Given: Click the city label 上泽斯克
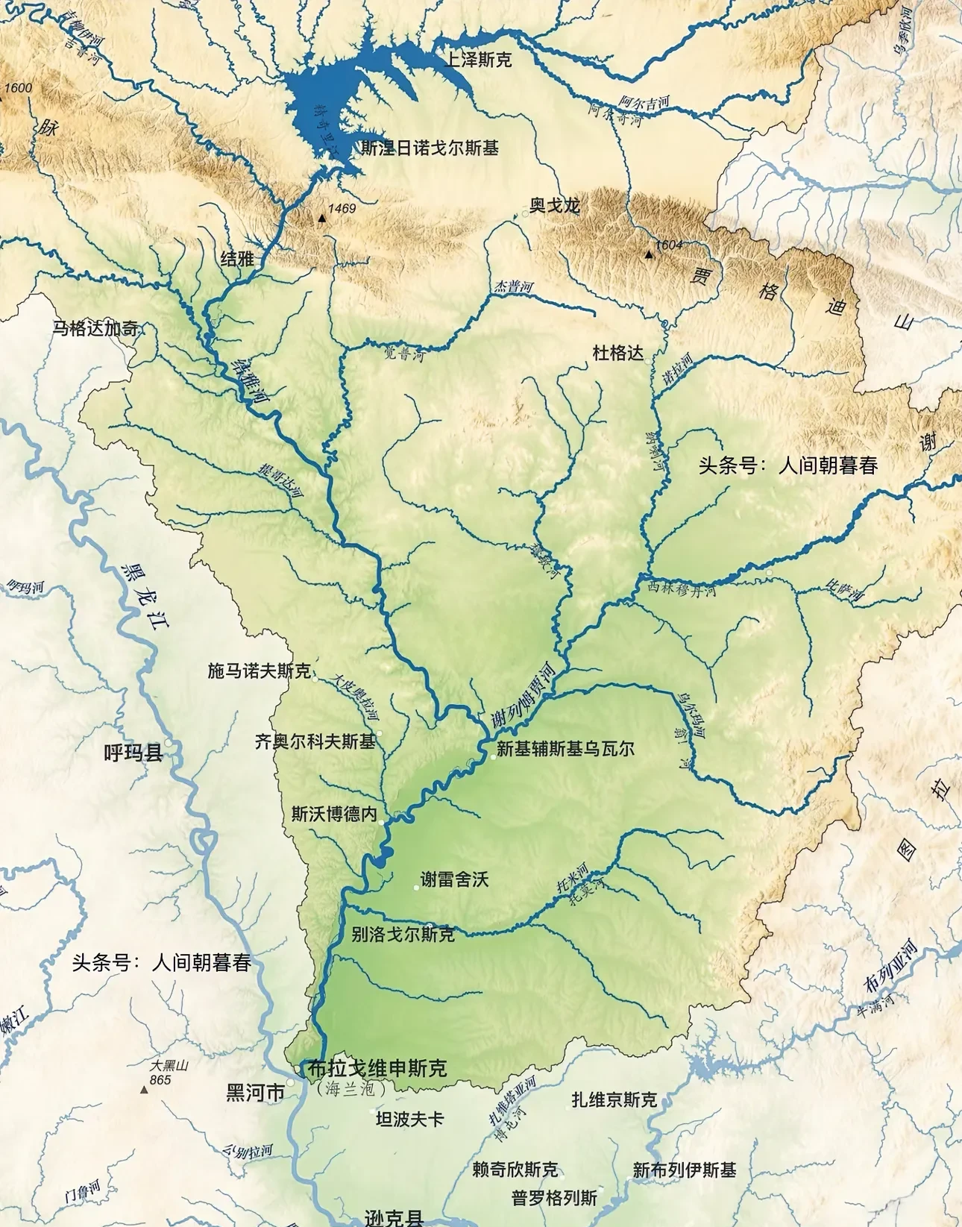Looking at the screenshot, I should coord(478,60).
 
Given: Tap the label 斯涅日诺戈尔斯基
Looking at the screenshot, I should coord(430,148).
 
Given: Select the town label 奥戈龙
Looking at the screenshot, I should coord(555,205).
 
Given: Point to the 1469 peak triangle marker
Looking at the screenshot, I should coord(321,219).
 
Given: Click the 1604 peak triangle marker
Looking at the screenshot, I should coord(648,255).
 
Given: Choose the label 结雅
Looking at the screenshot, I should coord(238,259).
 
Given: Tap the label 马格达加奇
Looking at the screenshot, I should coord(95,328).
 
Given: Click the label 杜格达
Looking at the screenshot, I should coord(617,353).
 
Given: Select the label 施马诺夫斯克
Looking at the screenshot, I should coord(259,671).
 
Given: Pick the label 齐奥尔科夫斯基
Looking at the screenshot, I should coord(315,741).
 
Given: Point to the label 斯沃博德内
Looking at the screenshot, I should coord(334,814).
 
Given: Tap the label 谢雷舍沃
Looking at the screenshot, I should coord(454,879).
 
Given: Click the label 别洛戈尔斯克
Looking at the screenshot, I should coord(403,934).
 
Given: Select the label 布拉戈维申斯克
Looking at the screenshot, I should coord(377,1069).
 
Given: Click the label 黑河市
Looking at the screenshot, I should coord(255,1093).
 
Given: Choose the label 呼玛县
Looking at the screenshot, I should coord(133,753).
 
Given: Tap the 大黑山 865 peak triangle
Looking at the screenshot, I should coord(145,1090).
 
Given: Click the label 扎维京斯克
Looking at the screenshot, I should coord(614,1099).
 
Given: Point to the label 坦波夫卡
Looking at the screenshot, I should coord(409,1119).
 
